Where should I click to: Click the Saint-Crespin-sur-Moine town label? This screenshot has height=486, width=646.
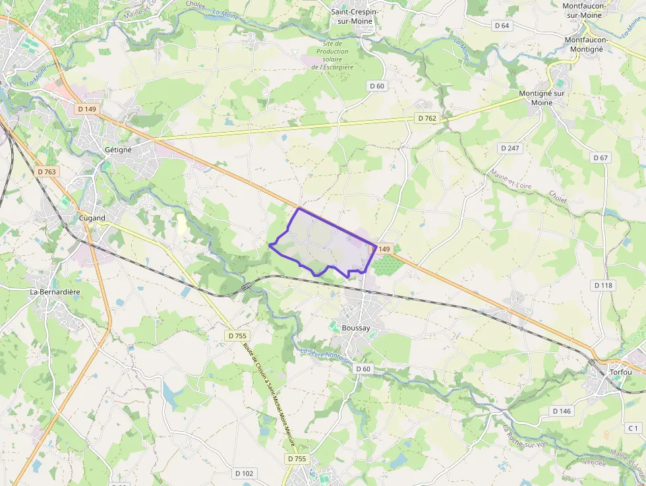[x=351, y=16]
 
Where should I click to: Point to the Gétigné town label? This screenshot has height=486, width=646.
[x=118, y=150]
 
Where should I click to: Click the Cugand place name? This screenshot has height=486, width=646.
[x=92, y=218]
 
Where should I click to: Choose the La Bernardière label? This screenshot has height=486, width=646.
[x=55, y=291]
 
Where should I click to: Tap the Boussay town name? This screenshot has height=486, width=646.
[x=356, y=328]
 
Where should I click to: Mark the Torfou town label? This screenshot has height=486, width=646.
[x=620, y=372]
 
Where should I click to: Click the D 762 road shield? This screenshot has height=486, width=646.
[x=426, y=118]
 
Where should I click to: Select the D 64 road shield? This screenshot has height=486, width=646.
[x=502, y=26]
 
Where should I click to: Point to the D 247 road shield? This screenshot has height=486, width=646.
[x=510, y=148]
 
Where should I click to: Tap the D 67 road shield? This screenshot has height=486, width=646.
[x=601, y=158]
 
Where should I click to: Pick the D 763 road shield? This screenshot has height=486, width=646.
[x=47, y=171]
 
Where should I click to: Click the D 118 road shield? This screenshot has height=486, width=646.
[x=603, y=286]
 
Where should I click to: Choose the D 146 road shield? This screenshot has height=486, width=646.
[x=562, y=411]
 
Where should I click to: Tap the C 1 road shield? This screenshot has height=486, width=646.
[x=633, y=428]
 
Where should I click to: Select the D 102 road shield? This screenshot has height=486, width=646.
[x=244, y=473]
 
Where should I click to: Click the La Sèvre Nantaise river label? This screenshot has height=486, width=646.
[x=324, y=355]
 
